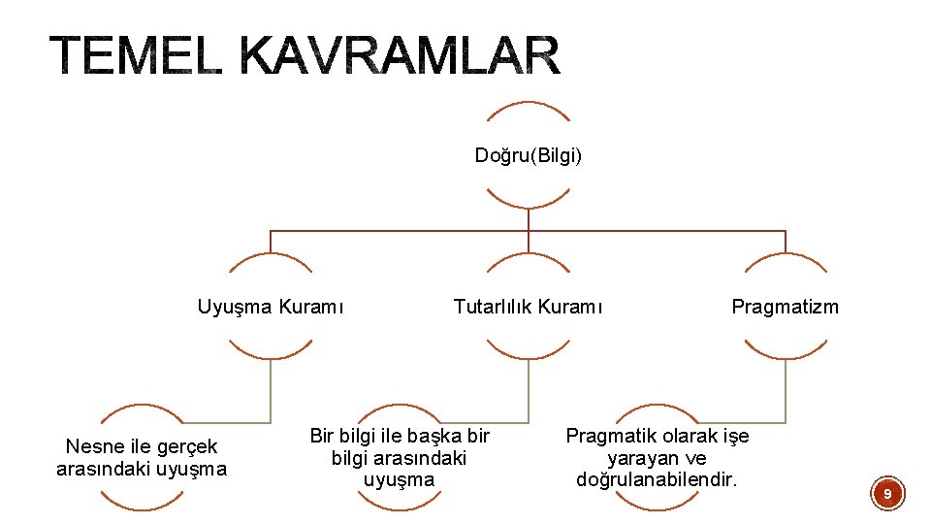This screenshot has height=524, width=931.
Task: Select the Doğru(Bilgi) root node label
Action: pyautogui.click(x=529, y=155)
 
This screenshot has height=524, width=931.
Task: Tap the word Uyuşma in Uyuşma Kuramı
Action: pyautogui.click(x=236, y=308)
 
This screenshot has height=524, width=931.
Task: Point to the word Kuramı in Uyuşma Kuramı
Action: pyautogui.click(x=311, y=308)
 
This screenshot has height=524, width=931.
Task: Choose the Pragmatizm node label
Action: pyautogui.click(x=785, y=308)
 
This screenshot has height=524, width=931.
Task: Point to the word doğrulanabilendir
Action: pyautogui.click(x=657, y=479)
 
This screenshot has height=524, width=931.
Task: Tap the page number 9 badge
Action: pyautogui.click(x=886, y=495)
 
